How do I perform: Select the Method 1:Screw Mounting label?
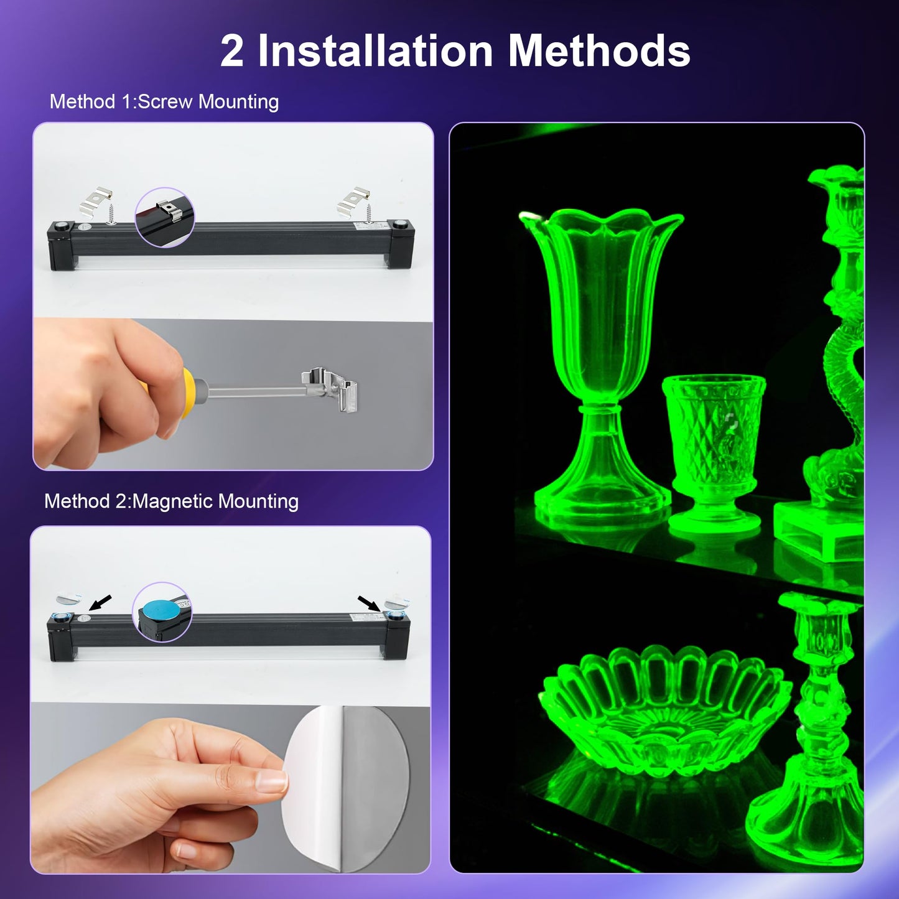[x=164, y=101]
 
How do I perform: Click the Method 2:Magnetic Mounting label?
[x=171, y=501]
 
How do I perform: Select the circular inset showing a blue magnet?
[x=162, y=612]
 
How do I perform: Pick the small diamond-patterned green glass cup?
[x=713, y=448]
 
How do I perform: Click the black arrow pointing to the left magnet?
[x=101, y=602]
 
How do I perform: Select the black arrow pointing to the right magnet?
[x=369, y=603]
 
